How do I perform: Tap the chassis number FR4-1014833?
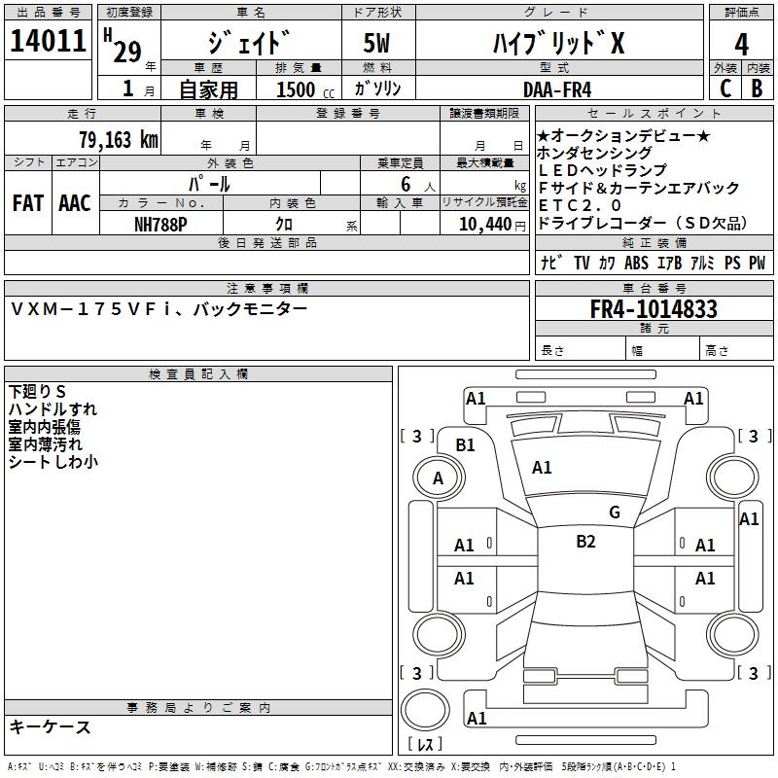[x=654, y=309]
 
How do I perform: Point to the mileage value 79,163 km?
[x=118, y=139]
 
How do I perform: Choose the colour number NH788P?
[x=161, y=223]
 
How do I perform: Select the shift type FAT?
[x=27, y=203]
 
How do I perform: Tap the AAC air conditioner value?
[x=75, y=203]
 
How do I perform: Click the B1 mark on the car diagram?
[x=466, y=444]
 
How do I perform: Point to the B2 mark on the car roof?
[x=585, y=542]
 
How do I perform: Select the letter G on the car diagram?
[x=615, y=513]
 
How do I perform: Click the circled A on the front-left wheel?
[x=438, y=478]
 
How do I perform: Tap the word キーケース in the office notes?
[x=51, y=726]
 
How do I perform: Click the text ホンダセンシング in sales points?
[x=594, y=153]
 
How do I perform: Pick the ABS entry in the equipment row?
[x=636, y=263]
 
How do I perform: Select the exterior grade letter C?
[x=725, y=88]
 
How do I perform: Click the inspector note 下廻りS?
[x=37, y=392]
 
